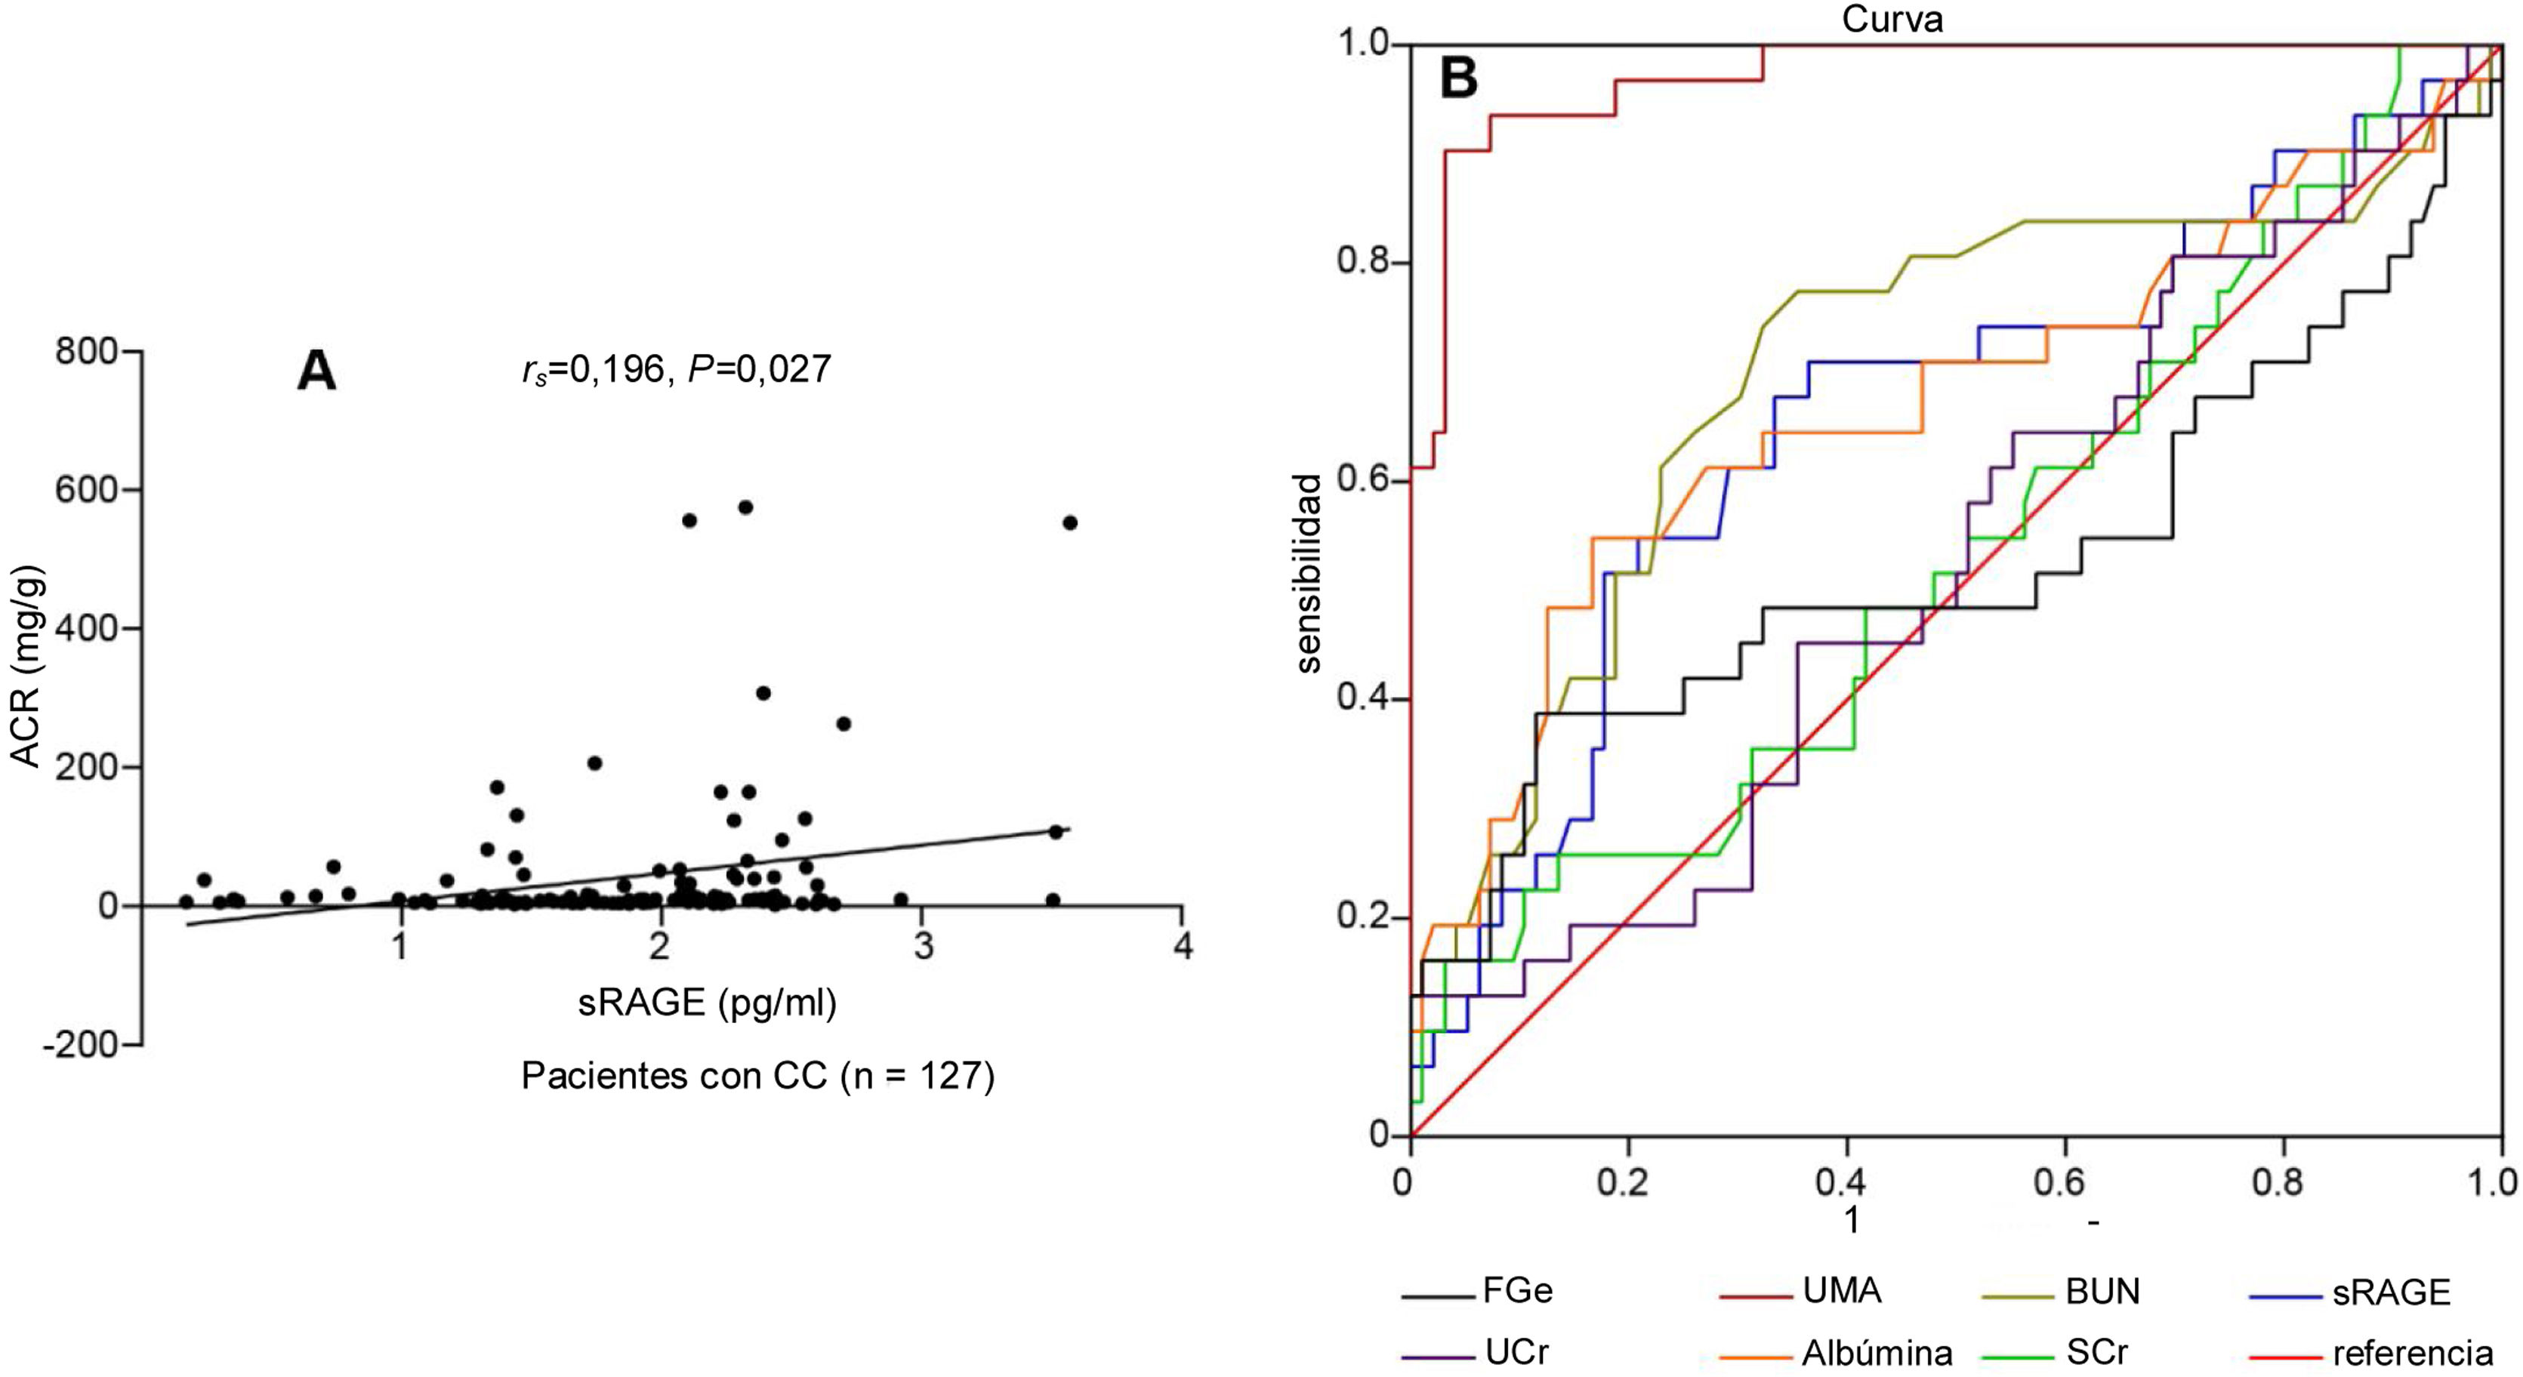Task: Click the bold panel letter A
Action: click(316, 373)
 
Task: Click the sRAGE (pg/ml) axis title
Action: click(707, 1002)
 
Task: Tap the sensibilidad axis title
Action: click(1309, 573)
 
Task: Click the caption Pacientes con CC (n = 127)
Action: click(757, 1075)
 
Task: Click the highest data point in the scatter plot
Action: click(745, 507)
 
